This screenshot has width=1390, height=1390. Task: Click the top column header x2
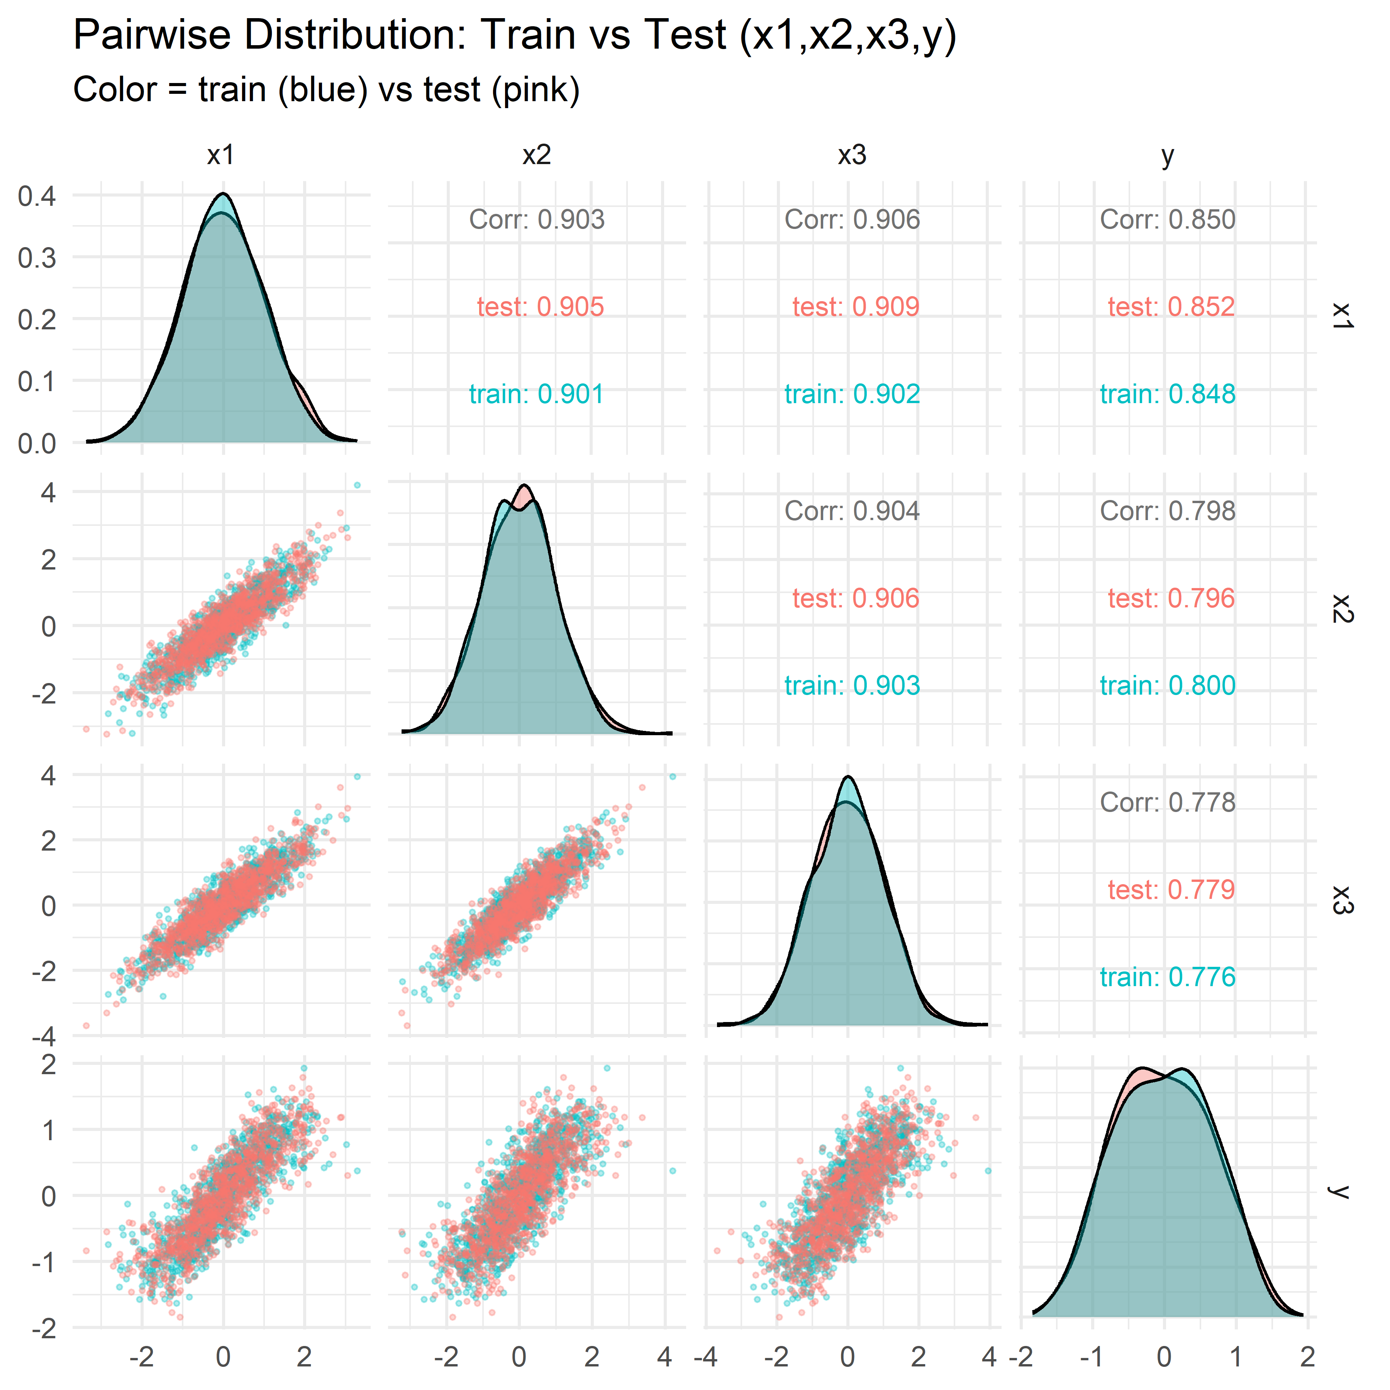(537, 155)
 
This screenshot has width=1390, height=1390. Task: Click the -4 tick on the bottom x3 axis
(707, 1357)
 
